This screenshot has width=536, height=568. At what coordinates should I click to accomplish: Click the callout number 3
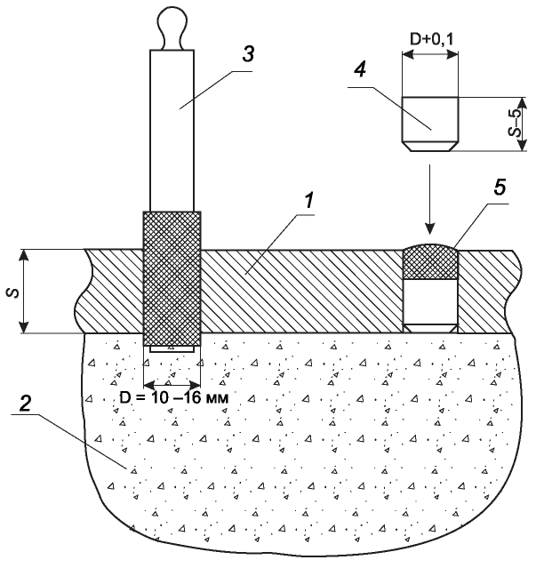pyautogui.click(x=248, y=55)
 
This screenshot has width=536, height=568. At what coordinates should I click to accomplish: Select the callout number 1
pyautogui.click(x=308, y=201)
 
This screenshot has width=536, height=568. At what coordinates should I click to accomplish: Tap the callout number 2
pyautogui.click(x=25, y=403)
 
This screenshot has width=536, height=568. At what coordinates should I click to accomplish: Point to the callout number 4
pyautogui.click(x=360, y=68)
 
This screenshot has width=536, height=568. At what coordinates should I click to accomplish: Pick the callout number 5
pyautogui.click(x=500, y=188)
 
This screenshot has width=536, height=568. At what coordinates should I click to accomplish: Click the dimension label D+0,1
pyautogui.click(x=431, y=39)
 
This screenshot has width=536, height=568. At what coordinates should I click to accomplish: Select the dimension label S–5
pyautogui.click(x=516, y=123)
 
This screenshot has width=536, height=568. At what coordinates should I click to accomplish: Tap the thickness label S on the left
pyautogui.click(x=13, y=292)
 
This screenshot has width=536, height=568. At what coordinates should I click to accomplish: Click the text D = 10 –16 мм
pyautogui.click(x=174, y=398)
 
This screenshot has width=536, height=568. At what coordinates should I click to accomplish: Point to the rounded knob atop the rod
pyautogui.click(x=172, y=28)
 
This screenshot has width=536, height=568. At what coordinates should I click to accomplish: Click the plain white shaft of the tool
pyautogui.click(x=172, y=131)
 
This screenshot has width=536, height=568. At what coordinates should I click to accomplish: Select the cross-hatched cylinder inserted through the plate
pyautogui.click(x=172, y=278)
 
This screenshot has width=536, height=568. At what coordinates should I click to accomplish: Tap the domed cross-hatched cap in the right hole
pyautogui.click(x=430, y=261)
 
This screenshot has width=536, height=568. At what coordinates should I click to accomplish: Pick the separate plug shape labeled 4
pyautogui.click(x=430, y=124)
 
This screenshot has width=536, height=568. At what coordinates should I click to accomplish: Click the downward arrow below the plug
pyautogui.click(x=430, y=199)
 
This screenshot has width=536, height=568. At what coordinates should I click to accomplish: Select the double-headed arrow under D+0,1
pyautogui.click(x=430, y=54)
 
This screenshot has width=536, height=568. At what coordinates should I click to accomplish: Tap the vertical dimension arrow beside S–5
pyautogui.click(x=522, y=124)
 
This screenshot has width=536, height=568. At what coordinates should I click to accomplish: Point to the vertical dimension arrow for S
pyautogui.click(x=24, y=292)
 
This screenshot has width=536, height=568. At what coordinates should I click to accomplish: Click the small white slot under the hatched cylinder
pyautogui.click(x=172, y=349)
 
